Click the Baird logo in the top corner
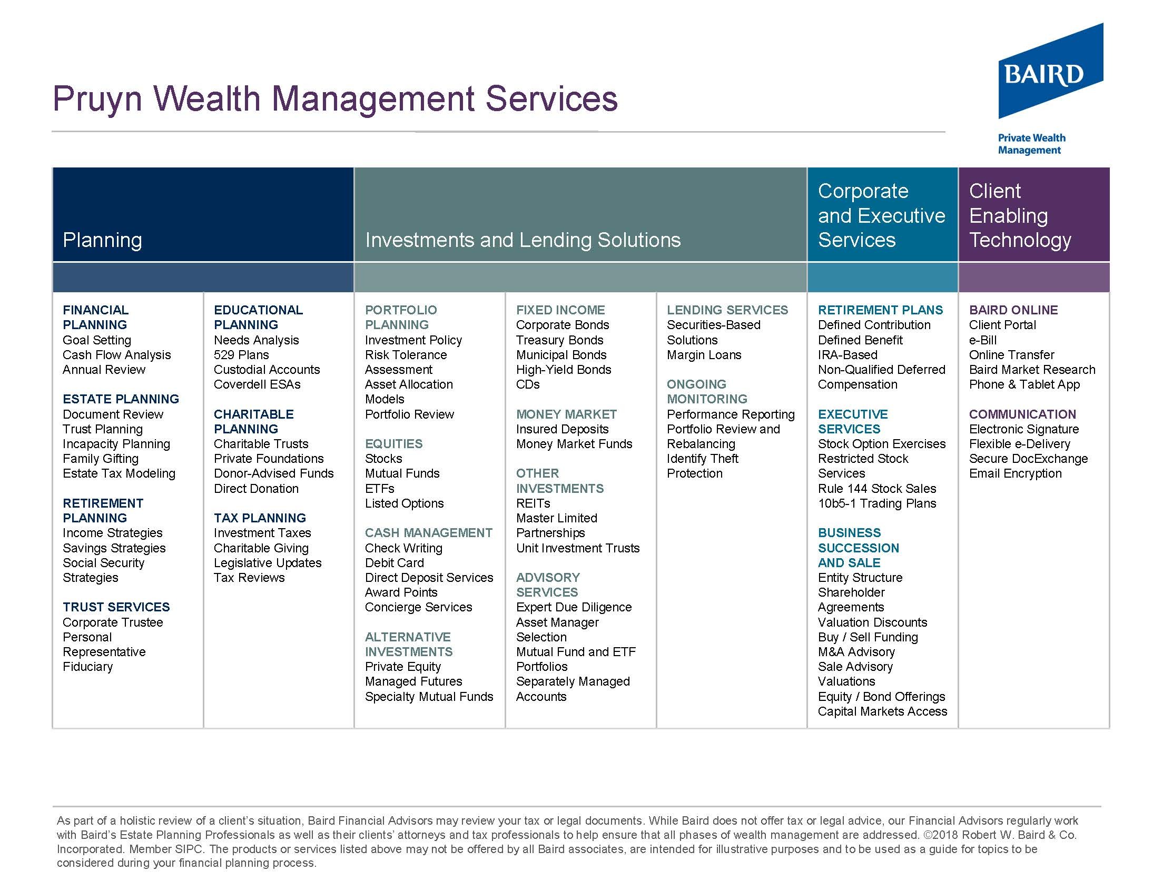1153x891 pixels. tap(1050, 71)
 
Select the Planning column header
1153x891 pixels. tap(102, 240)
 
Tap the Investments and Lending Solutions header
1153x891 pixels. tap(523, 240)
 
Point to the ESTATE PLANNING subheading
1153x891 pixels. tap(121, 399)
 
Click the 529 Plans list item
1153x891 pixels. tap(241, 355)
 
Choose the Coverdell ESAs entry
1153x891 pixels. tap(257, 384)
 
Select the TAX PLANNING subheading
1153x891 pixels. tap(260, 518)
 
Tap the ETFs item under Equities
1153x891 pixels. tap(380, 488)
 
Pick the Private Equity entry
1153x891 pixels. tap(403, 667)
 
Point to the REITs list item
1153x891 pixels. tap(533, 503)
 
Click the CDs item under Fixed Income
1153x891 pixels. tap(528, 384)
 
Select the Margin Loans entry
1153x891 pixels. tap(704, 355)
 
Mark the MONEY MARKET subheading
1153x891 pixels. tap(566, 414)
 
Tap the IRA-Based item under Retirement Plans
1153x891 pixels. tap(848, 355)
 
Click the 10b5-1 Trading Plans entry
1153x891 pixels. tap(878, 503)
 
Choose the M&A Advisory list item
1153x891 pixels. tap(856, 652)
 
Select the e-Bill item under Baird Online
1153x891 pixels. tap(983, 340)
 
